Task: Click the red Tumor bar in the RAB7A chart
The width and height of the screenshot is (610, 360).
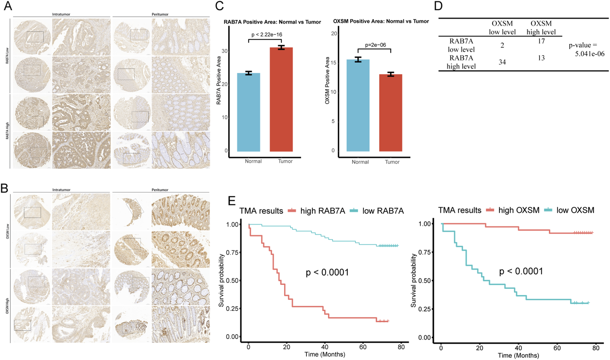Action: [281, 100]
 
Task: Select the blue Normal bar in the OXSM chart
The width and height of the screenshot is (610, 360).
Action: [358, 105]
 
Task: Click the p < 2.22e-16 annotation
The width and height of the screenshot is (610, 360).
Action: [266, 35]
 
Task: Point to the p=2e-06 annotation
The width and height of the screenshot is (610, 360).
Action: [375, 45]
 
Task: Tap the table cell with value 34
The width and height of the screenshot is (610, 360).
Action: [502, 62]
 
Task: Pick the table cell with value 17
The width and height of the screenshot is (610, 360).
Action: [541, 41]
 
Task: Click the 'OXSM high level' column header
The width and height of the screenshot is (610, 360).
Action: [541, 28]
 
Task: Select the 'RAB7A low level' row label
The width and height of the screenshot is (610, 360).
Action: [461, 45]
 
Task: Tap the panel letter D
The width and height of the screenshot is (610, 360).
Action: [438, 6]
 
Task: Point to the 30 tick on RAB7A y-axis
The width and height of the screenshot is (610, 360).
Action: [224, 51]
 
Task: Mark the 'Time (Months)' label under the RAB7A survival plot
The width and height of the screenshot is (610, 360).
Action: [325, 354]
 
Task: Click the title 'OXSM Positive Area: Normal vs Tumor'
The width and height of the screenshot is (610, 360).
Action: [381, 21]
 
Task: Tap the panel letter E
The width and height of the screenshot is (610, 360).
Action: [232, 201]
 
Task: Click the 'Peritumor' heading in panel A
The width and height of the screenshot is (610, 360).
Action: [160, 14]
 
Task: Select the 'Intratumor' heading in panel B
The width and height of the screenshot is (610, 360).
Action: [61, 190]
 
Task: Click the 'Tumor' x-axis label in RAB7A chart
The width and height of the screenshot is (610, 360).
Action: [285, 161]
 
